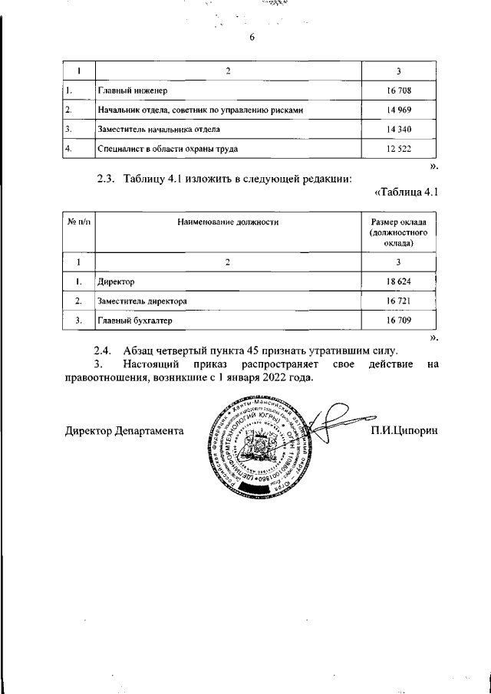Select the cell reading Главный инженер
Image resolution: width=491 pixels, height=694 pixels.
coord(133,91)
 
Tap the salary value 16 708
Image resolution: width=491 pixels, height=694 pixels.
coord(398,91)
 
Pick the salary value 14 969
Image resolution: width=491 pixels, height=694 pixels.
coord(398,110)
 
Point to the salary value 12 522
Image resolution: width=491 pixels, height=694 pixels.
coord(398,149)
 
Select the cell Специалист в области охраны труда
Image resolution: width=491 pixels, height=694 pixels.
coord(165,149)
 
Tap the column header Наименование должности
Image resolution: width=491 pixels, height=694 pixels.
coord(227,222)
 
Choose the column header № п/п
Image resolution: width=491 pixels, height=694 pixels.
coord(79,222)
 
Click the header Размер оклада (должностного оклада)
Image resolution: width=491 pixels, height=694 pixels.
coord(398,232)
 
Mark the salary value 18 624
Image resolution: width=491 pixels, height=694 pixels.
coord(398,282)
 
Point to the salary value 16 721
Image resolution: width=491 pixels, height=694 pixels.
coord(398,301)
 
